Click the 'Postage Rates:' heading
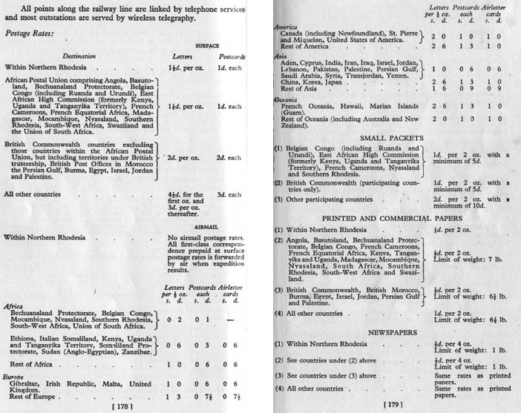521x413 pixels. [x=30, y=33]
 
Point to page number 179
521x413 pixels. [x=393, y=406]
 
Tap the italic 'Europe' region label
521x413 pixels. [x=14, y=375]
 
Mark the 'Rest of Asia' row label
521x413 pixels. [x=299, y=88]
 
